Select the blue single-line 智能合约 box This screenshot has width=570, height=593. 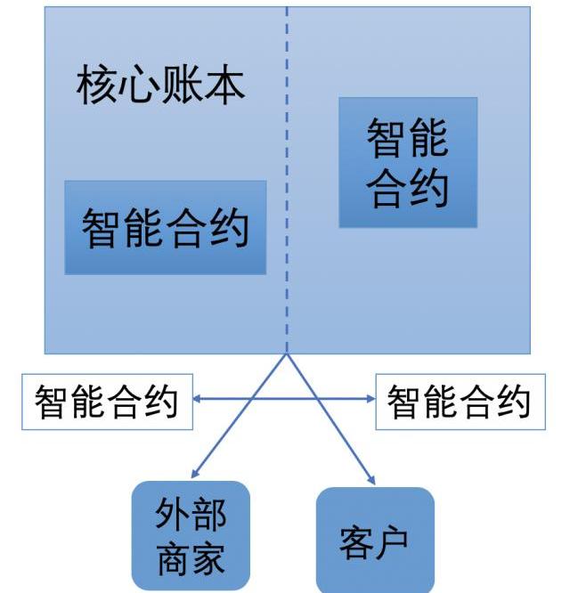point(166,227)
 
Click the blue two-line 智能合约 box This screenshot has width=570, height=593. point(408,162)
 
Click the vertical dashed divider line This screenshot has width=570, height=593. point(287,178)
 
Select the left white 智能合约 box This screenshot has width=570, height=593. point(106,402)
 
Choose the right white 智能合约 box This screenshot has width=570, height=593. point(459,402)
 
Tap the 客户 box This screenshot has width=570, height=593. point(375,540)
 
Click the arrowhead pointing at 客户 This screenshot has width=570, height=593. point(370,481)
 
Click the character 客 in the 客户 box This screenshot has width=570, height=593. point(355,541)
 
